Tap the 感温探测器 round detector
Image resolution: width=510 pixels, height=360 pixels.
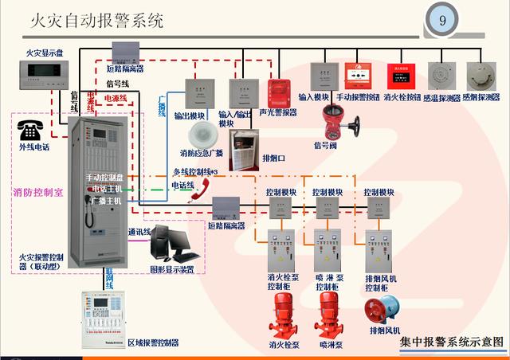(441, 77)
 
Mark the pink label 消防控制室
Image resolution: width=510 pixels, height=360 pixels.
(38, 192)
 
